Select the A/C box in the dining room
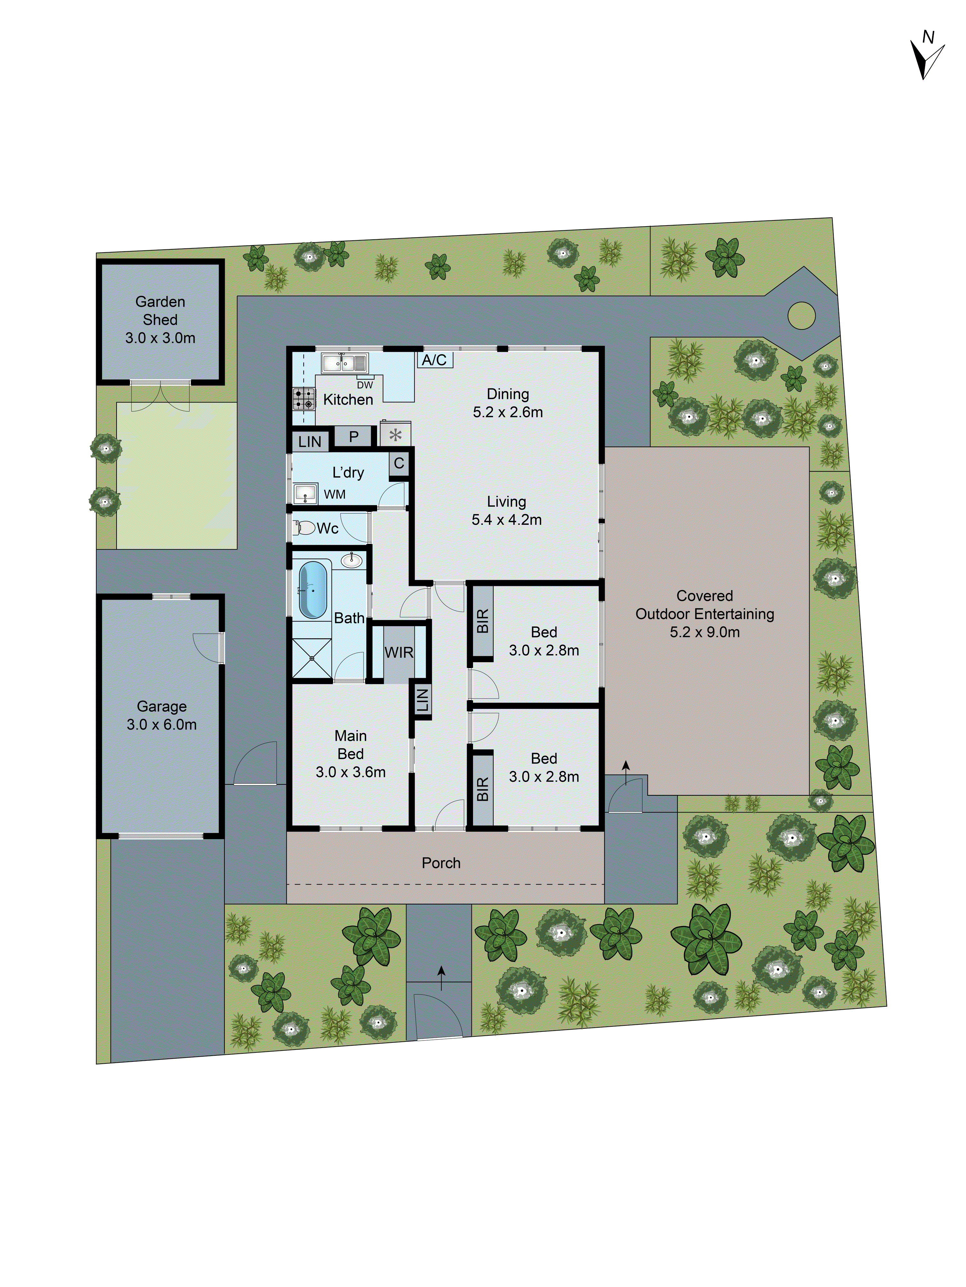434,360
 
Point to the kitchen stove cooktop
303,399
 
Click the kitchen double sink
345,363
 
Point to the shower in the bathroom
311,658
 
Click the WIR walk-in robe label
399,652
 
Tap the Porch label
441,863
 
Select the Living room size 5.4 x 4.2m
507,520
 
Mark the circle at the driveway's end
801,315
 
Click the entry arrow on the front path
441,977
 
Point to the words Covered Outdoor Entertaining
705,605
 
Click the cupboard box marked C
399,463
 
